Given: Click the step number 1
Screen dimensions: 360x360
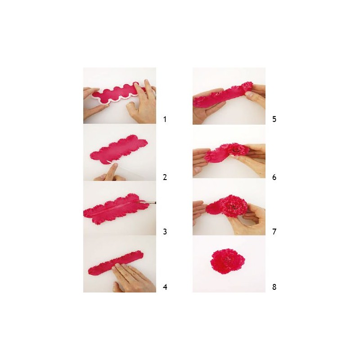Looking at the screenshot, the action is click(165, 119).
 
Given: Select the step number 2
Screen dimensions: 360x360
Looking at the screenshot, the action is click(165, 177).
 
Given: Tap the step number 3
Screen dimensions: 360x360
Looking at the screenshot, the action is click(165, 232).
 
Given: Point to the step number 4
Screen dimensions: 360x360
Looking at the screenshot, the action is click(165, 287).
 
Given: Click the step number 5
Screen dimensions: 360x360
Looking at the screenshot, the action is click(274, 119).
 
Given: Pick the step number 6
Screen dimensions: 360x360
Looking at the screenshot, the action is click(274, 177).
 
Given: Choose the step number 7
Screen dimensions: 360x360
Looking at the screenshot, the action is click(274, 232).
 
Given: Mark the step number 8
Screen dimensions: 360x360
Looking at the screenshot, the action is click(274, 287).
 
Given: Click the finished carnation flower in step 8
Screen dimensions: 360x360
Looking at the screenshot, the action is click(228, 261).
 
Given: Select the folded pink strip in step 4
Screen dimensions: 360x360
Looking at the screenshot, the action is click(116, 263).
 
